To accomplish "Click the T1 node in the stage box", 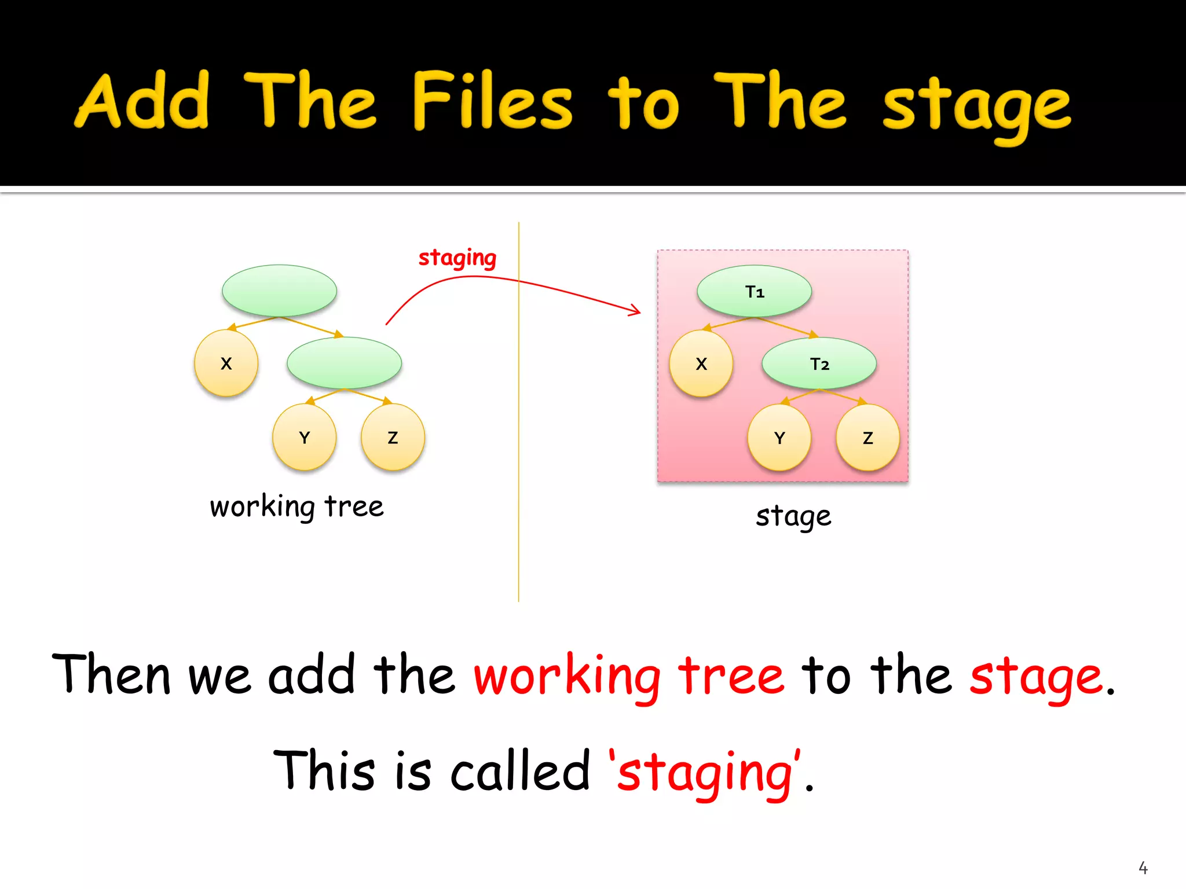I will click(x=754, y=291).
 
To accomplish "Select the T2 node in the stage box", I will click(x=819, y=363).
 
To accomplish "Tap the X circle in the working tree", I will click(x=226, y=363).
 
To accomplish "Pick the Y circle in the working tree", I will click(x=304, y=437).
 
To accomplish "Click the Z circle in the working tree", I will click(x=393, y=437).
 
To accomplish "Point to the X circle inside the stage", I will click(x=701, y=363).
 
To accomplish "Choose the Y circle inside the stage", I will click(x=779, y=438).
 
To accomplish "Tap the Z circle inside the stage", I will click(x=867, y=438).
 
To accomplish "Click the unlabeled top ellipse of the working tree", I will click(x=279, y=291).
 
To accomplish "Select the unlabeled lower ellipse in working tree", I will click(x=344, y=363).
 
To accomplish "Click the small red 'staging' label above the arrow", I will click(x=457, y=258).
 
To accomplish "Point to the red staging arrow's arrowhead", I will click(x=637, y=311).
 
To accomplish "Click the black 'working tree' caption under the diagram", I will click(x=296, y=507).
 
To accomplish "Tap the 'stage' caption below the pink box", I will click(x=793, y=516).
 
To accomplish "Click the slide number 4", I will click(x=1143, y=868).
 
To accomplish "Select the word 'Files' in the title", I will click(x=492, y=101).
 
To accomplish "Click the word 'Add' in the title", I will click(x=142, y=101).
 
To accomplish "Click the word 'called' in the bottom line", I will click(x=519, y=771).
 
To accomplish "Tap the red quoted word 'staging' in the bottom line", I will click(x=705, y=773).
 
